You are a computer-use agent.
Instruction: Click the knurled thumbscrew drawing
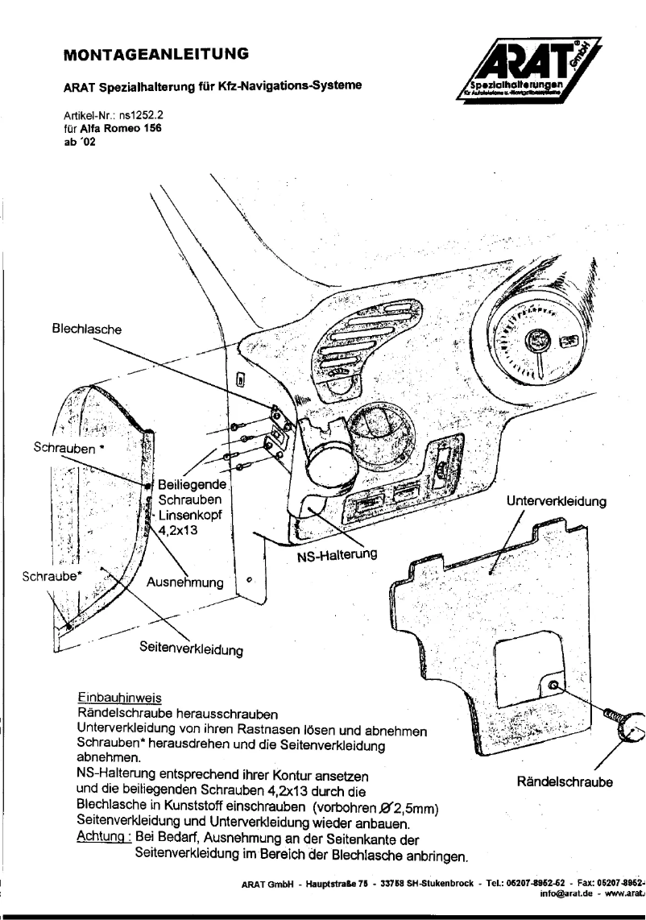(628, 730)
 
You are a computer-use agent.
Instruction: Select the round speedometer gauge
(532, 339)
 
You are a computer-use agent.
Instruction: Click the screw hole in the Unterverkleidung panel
(553, 686)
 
